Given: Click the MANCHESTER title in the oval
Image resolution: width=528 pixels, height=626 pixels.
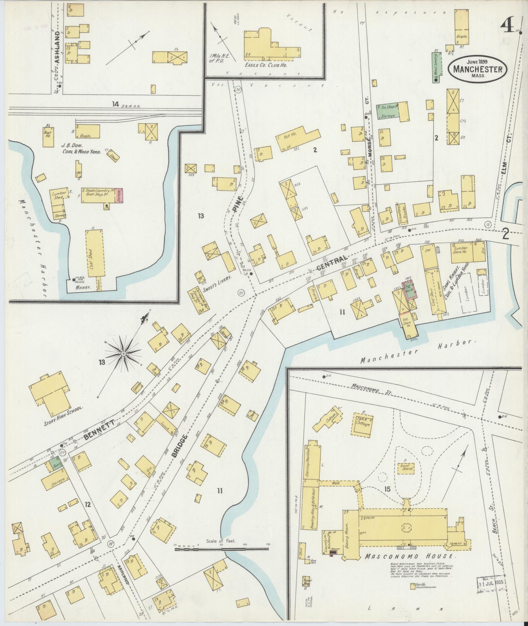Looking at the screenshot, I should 478,69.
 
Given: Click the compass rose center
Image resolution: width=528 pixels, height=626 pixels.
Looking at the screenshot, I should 124,354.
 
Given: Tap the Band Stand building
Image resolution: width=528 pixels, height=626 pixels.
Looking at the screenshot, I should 406,468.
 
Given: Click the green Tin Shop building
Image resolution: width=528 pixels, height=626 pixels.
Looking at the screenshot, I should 387,111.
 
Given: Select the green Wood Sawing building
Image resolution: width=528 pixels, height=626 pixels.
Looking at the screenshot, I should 436,67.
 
